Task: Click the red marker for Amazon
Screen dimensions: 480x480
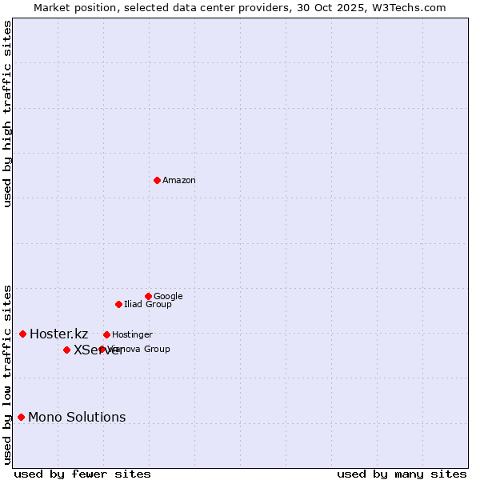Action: coord(157,180)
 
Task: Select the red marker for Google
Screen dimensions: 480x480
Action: coord(148,296)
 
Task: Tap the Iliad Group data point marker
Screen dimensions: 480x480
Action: coord(118,304)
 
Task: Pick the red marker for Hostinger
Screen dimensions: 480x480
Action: coord(106,334)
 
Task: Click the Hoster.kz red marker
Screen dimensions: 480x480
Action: coord(22,334)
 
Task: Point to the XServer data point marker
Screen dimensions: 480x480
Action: coord(66,350)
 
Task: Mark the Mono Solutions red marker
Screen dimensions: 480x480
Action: coord(21,417)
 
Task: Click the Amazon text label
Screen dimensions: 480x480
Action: coord(179,181)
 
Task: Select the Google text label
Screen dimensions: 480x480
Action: coord(168,297)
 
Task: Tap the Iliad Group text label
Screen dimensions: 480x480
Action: coord(148,305)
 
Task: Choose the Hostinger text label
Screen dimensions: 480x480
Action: coord(132,335)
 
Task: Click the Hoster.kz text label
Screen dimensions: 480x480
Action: coord(58,334)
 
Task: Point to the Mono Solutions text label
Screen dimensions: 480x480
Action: coord(77,418)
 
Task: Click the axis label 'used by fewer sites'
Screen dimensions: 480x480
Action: coord(82,474)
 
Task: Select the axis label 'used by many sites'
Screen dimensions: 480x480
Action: coord(402,474)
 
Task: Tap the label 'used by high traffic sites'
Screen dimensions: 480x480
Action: coord(8,114)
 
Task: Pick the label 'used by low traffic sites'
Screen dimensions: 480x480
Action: coord(8,374)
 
